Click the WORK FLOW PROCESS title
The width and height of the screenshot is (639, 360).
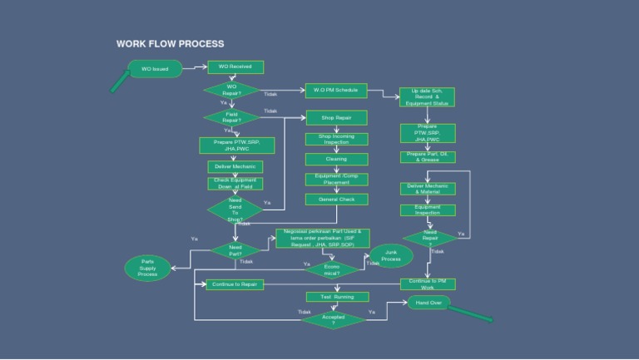coord(170,44)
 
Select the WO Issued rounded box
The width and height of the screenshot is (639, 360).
coord(155,69)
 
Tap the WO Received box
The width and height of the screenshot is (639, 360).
coord(235,67)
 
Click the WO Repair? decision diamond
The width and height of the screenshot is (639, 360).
coord(232,90)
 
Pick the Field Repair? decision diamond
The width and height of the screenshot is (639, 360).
coord(232,117)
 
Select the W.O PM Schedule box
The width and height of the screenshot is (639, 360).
coord(336,89)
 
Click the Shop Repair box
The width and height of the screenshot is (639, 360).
coord(337,118)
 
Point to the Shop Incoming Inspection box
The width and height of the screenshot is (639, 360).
coord(337,139)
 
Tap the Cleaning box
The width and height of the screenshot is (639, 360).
coord(337,159)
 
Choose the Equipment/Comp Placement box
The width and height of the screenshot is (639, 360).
coord(337,179)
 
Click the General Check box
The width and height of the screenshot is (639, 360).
coord(337,200)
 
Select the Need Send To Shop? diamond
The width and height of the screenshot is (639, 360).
coord(235,210)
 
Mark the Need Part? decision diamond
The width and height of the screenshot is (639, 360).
coord(235,249)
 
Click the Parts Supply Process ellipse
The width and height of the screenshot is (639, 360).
coord(148,268)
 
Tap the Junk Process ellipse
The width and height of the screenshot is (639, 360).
coord(392,255)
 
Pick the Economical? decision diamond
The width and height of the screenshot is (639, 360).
coord(331,269)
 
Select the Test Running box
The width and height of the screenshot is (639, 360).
coord(331,296)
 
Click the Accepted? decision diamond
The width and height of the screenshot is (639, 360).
coord(334,319)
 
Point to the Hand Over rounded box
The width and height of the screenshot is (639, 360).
coord(428,303)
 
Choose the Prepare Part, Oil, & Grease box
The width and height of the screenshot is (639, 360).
coord(427,156)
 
